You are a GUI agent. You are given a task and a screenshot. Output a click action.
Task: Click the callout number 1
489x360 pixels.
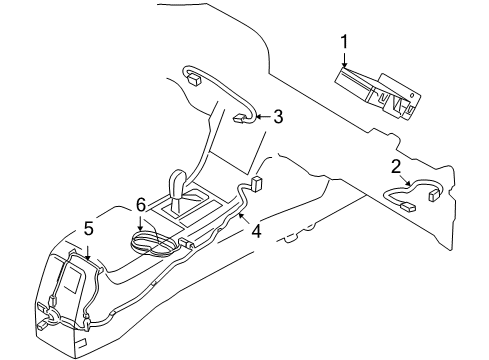pyautogui.click(x=344, y=42)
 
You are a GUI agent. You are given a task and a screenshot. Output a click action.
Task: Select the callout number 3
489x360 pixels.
pyautogui.click(x=278, y=117)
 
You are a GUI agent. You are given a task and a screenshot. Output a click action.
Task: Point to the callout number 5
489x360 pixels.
pyautogui.click(x=88, y=230)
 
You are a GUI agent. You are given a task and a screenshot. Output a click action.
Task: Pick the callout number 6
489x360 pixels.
pyautogui.click(x=141, y=204)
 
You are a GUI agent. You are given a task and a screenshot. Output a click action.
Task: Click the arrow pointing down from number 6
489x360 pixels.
pyautogui.click(x=141, y=222)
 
